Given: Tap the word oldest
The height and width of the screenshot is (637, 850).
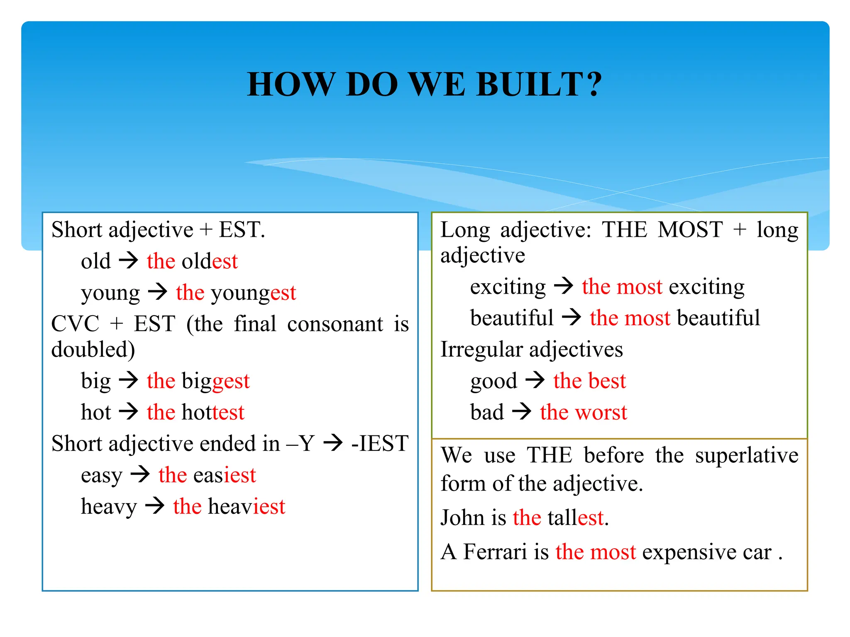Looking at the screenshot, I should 210,262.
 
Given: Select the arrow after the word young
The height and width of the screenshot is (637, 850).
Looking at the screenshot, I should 158,292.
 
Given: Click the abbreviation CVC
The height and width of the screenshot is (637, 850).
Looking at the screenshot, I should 75,324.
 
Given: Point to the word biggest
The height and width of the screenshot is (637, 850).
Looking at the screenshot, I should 215,381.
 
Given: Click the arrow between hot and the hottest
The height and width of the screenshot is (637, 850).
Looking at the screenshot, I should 128,412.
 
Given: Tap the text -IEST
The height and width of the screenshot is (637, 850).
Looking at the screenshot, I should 379,443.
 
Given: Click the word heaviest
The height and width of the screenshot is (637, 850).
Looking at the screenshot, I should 247,507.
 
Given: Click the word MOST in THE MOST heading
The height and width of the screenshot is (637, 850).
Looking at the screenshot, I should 690,230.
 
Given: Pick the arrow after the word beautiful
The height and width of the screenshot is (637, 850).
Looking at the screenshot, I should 572,318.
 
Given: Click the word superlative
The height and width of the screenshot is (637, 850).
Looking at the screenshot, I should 746,455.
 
